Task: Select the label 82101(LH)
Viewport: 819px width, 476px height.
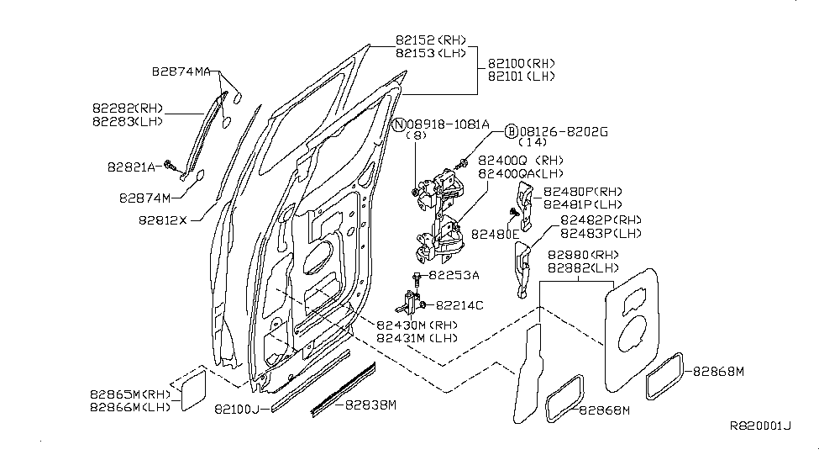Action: tap(521, 76)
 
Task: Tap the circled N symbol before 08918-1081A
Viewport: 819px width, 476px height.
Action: tap(399, 124)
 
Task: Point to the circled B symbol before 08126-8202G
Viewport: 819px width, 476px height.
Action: tap(512, 131)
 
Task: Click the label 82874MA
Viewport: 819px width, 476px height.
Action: tap(181, 72)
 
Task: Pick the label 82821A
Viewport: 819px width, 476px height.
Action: tap(132, 167)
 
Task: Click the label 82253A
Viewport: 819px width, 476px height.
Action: tap(454, 275)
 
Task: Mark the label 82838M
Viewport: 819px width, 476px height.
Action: tap(370, 405)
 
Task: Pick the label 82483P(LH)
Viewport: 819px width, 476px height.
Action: tap(601, 233)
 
